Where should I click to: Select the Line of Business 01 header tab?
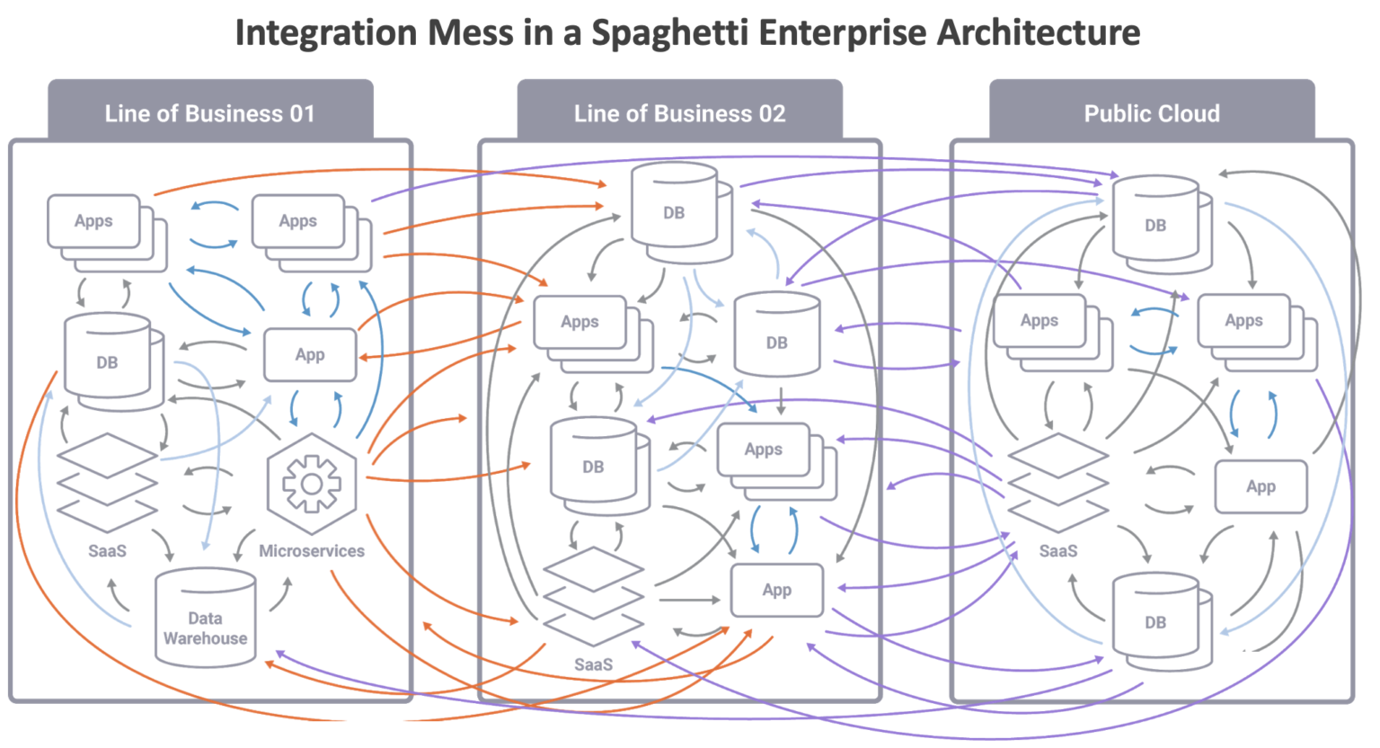[210, 113]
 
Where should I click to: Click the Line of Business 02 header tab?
[679, 113]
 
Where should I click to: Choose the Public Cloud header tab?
[1152, 113]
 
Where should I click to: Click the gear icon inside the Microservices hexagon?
[311, 484]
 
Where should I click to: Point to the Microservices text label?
[311, 551]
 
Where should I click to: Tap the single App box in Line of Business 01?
[310, 355]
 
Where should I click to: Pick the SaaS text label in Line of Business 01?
[107, 551]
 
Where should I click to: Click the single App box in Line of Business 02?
[776, 590]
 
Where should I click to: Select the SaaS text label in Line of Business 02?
[593, 665]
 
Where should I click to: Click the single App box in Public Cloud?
[1261, 486]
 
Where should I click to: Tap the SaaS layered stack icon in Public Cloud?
[1057, 482]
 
